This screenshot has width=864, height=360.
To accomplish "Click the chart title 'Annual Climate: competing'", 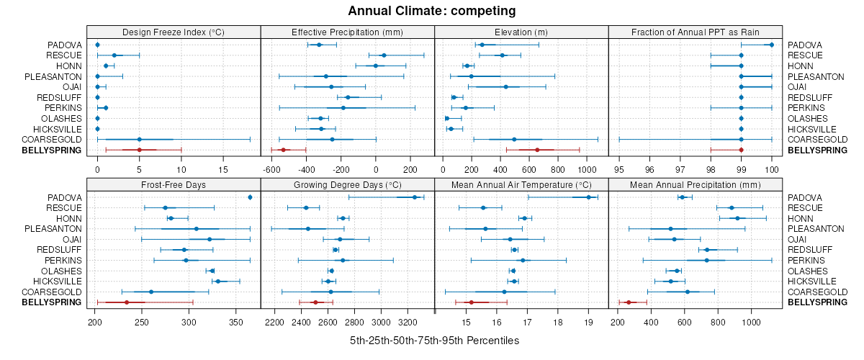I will pos(432,11).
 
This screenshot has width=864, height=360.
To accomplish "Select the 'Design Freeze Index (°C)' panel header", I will pos(173,32).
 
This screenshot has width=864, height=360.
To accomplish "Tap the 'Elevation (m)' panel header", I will pos(521,32).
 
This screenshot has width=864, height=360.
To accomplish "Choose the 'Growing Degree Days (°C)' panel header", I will pos(347,185).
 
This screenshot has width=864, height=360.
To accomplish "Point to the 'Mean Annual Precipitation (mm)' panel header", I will pos(696,185).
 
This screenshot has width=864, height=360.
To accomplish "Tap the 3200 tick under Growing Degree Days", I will pos(408,322).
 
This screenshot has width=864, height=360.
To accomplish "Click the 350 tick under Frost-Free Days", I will pos(235,322).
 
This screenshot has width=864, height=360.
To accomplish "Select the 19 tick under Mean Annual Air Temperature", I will pos(588,322).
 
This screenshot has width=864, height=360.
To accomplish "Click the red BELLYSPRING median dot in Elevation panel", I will pos(537,150).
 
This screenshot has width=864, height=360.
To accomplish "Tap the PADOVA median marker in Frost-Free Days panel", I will pos(250,197).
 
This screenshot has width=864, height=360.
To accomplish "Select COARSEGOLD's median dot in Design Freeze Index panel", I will pos(139,140).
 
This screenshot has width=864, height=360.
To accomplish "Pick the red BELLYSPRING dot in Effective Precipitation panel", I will pos(283,150).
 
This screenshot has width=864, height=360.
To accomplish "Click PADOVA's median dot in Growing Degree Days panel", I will pos(415,197).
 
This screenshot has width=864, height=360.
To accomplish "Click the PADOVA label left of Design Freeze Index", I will pos(65,45).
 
